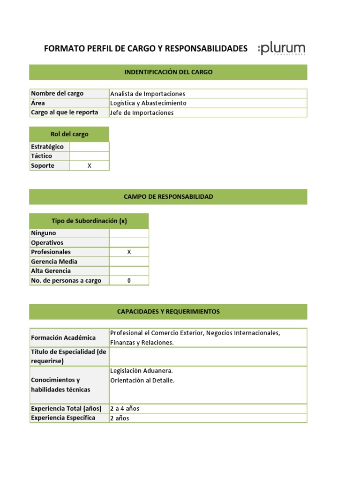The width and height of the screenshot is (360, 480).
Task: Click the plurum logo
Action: (x=282, y=49)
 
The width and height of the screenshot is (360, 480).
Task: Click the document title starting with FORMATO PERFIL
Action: (x=145, y=48)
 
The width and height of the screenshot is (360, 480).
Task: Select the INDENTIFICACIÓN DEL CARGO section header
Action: (x=168, y=72)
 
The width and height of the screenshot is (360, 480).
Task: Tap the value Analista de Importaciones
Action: (x=148, y=94)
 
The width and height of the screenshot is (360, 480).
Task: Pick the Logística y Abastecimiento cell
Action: (x=148, y=103)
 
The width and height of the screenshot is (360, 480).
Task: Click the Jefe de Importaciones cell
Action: (x=142, y=112)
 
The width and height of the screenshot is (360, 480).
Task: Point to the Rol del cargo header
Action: (x=69, y=134)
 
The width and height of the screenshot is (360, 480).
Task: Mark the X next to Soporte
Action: (x=89, y=165)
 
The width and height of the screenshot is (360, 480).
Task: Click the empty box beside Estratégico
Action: (x=89, y=147)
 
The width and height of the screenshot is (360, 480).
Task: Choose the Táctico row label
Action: (x=42, y=156)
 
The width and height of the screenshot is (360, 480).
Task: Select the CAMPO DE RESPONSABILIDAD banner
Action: (x=168, y=197)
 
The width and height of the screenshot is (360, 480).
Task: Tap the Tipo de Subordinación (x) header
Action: (x=89, y=221)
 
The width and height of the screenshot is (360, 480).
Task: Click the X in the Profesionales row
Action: (x=129, y=252)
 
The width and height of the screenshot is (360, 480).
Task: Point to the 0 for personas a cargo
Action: (x=129, y=280)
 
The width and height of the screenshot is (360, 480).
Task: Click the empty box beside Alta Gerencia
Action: (x=129, y=271)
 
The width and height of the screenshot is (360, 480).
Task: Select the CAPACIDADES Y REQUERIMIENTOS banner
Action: (x=168, y=312)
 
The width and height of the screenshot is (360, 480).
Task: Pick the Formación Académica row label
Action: (x=63, y=337)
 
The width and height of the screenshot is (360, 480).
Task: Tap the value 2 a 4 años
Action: (x=125, y=408)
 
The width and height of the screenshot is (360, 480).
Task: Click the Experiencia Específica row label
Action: (x=63, y=418)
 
